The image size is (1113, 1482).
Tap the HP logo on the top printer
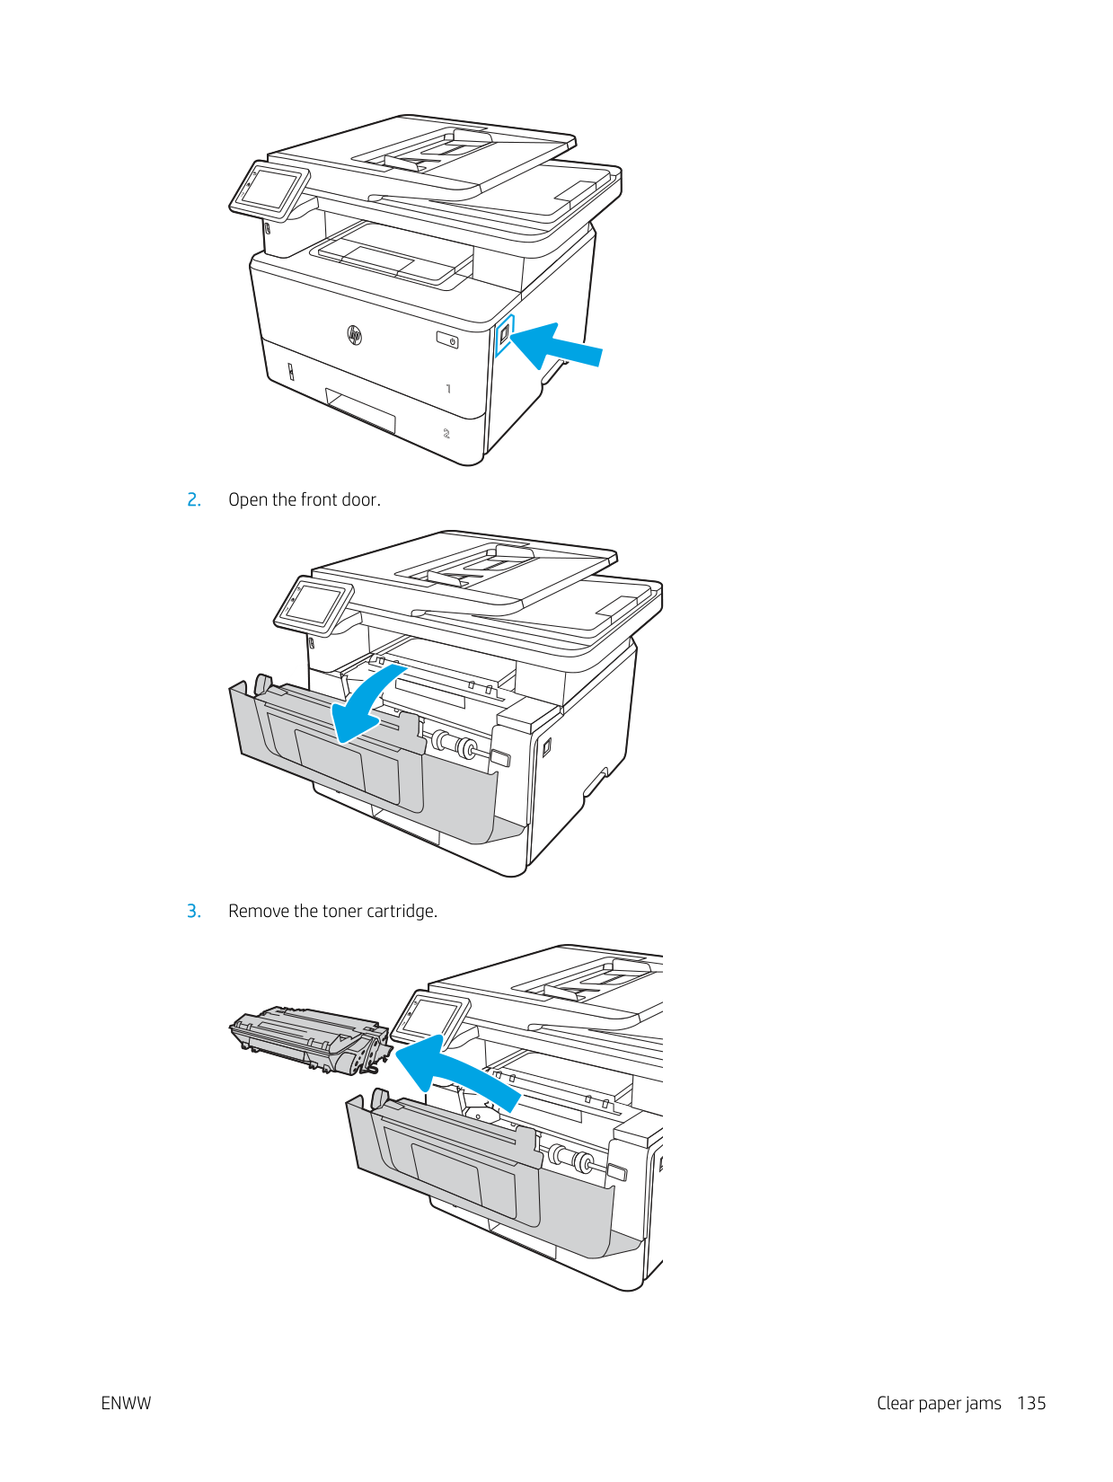pos(354,336)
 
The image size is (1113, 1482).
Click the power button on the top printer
pos(447,340)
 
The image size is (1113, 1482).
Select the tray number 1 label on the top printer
pos(448,389)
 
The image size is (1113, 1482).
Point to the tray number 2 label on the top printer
pos(446,434)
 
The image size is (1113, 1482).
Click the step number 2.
pos(193,500)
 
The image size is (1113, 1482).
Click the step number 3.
pos(193,912)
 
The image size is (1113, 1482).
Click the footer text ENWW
pos(126,1403)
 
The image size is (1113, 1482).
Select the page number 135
pos(1031,1403)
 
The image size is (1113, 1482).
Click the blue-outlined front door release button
pos(505,334)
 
